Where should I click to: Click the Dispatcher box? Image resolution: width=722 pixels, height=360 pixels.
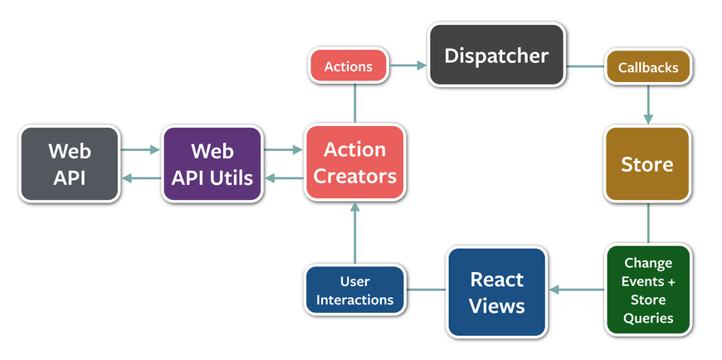pyautogui.click(x=496, y=56)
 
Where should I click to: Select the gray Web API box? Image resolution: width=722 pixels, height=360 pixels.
pyautogui.click(x=70, y=163)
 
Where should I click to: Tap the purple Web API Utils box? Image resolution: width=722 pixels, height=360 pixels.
pyautogui.click(x=212, y=163)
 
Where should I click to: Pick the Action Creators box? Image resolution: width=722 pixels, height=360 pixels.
pyautogui.click(x=354, y=163)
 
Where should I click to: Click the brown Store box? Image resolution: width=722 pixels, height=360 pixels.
pyautogui.click(x=647, y=163)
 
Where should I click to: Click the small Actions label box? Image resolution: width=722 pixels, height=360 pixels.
pyautogui.click(x=349, y=66)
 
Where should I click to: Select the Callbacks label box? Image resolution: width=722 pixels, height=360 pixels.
pyautogui.click(x=647, y=67)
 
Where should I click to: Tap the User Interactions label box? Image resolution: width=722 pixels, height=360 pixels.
pyautogui.click(x=354, y=289)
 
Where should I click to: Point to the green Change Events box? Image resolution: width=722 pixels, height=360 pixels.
pyautogui.click(x=647, y=290)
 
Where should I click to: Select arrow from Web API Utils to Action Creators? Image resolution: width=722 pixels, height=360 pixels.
pyautogui.click(x=283, y=150)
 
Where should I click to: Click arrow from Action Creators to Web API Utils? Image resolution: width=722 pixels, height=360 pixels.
pyautogui.click(x=283, y=177)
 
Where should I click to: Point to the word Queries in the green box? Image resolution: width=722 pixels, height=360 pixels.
pyautogui.click(x=648, y=318)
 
